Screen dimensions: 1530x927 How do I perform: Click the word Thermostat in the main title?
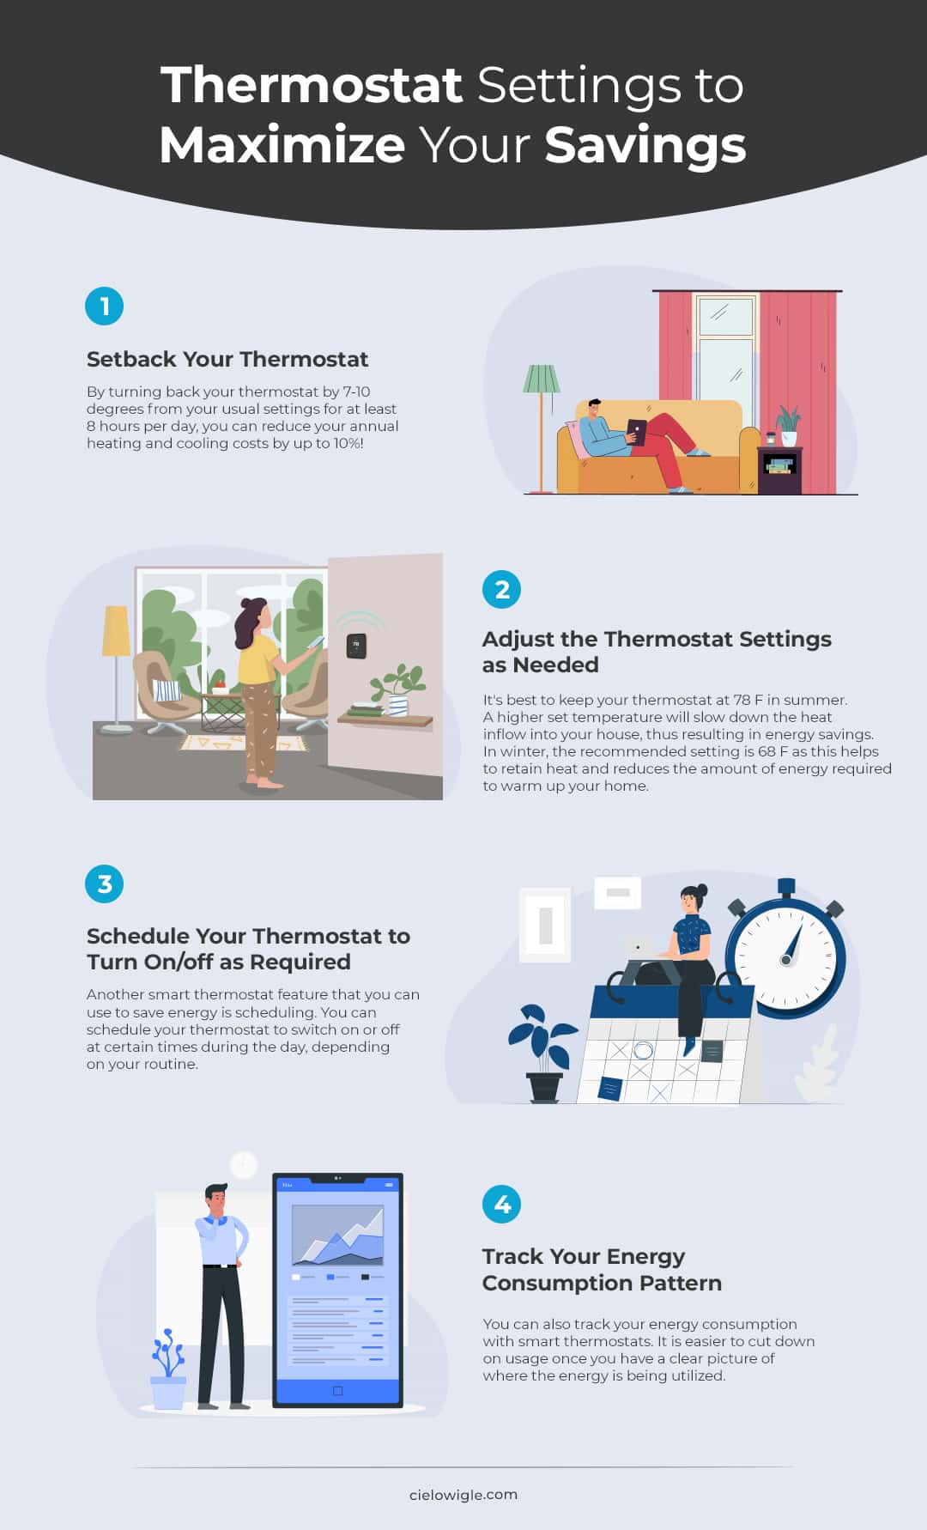(x=312, y=85)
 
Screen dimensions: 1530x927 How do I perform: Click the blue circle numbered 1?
(x=105, y=306)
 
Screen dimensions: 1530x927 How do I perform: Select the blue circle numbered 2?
(x=502, y=589)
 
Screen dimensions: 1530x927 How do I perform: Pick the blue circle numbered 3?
(x=105, y=883)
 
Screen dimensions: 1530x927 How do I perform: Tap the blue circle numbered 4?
(x=502, y=1204)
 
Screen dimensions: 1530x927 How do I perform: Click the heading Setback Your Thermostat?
(x=227, y=359)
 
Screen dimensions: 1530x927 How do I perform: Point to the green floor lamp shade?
(x=542, y=379)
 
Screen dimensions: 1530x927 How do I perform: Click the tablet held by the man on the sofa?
(x=636, y=430)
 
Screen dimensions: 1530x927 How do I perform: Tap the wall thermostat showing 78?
(x=356, y=646)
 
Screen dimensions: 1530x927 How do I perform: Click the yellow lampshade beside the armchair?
(x=116, y=631)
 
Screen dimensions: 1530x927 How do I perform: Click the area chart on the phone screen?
(x=337, y=1236)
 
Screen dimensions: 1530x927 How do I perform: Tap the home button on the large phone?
(x=337, y=1390)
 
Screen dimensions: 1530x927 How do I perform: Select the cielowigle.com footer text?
(x=463, y=1495)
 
